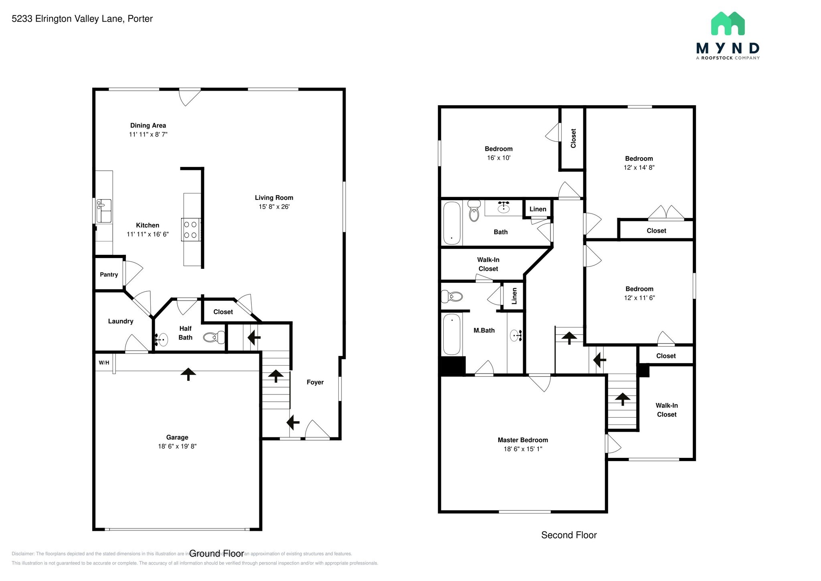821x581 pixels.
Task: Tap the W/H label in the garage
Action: point(104,363)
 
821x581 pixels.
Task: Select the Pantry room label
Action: point(109,274)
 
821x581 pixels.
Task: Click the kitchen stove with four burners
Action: point(191,230)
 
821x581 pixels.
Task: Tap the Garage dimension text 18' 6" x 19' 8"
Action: point(177,446)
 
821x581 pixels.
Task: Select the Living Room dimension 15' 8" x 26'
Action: point(274,207)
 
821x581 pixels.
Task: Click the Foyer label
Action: point(315,382)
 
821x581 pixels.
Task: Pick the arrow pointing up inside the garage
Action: point(188,374)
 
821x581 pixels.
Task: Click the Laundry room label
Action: point(120,321)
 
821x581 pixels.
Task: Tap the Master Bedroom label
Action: point(523,440)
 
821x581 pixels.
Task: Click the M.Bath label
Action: point(484,330)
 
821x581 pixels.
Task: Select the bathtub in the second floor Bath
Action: point(452,223)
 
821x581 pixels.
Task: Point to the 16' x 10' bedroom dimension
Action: point(498,158)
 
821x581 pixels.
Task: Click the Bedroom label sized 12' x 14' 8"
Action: point(639,158)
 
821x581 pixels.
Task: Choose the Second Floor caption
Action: point(568,535)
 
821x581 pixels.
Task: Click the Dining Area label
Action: point(148,125)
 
